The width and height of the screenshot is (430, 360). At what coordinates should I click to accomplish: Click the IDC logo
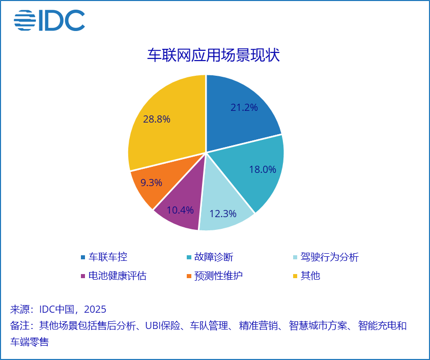[x=49, y=20]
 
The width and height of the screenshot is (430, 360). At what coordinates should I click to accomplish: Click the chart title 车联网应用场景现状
[x=213, y=55]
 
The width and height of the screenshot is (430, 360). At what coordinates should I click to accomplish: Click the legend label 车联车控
[x=108, y=257]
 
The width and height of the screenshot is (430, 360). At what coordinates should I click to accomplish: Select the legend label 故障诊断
[x=214, y=257]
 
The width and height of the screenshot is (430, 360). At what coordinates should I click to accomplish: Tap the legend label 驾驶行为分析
[x=329, y=257]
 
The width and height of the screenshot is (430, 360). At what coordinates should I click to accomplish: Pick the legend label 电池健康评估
[x=118, y=276]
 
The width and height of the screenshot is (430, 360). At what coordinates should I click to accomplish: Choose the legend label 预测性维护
[x=218, y=276]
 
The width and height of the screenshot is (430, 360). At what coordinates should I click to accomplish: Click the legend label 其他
[x=310, y=276]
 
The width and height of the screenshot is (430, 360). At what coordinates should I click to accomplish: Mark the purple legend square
[x=83, y=276]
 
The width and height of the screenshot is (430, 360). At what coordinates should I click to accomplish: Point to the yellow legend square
[x=295, y=276]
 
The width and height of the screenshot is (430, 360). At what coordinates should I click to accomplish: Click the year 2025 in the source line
[x=95, y=309]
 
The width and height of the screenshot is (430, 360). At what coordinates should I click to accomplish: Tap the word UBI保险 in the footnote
[x=163, y=326]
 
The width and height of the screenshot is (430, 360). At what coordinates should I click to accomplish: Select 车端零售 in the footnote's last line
[x=30, y=342]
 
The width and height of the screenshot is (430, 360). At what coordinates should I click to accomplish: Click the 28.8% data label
[x=157, y=119]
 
